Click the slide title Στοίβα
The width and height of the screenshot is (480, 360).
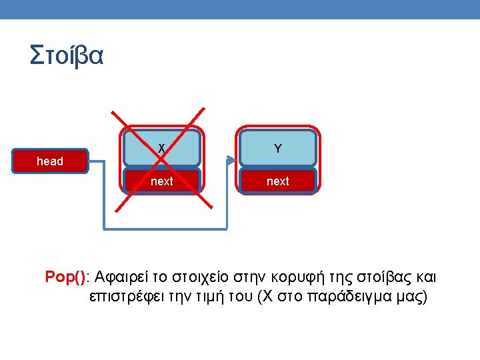[x=67, y=55]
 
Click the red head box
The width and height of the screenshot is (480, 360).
[x=50, y=161]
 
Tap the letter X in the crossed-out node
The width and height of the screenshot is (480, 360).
[x=161, y=148]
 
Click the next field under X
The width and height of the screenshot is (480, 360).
[x=161, y=181]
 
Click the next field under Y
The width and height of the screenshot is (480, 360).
[x=277, y=181]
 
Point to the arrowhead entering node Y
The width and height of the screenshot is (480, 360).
[x=231, y=161]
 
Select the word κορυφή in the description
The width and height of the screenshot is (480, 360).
[x=291, y=277]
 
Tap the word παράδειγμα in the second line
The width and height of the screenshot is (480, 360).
[x=350, y=297]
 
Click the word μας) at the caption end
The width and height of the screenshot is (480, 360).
[x=411, y=297]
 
